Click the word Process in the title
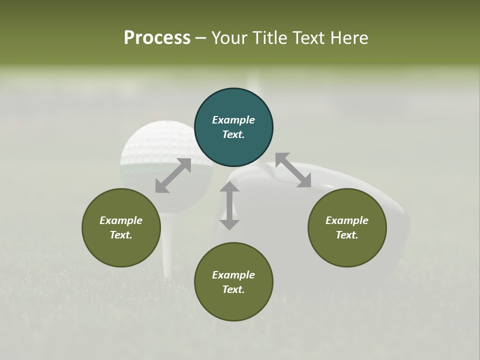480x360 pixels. pos(157,37)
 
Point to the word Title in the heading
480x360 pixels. pos(270,37)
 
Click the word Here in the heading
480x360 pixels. pos(350,37)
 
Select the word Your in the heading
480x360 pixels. pos(230,37)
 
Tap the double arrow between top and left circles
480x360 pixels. pos(173,175)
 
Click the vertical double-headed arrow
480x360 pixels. pos(229,205)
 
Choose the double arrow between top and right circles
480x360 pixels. pos(293,170)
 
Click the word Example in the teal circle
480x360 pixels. pos(233,120)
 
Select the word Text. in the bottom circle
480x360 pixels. pos(233,289)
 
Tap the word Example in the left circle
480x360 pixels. pos(121,220)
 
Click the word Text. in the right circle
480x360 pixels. pos(347,235)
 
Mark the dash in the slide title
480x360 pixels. pos(201,38)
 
